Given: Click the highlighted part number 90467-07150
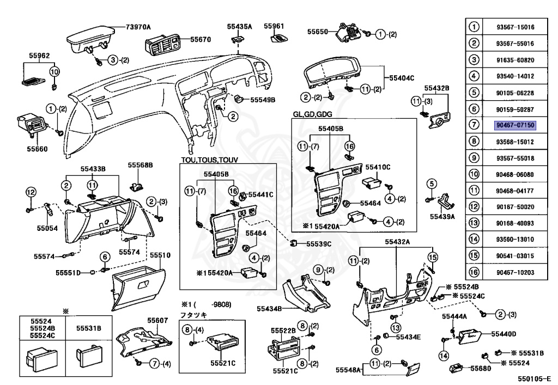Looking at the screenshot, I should point(515,125).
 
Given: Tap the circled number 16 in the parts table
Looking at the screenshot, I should point(474,272).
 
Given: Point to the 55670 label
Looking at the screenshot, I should point(200,39).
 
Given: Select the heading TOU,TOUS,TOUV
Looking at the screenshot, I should point(210,160).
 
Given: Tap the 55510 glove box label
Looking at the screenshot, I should point(160,255).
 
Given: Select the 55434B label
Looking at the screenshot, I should point(269,309).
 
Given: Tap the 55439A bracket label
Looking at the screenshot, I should point(442,216).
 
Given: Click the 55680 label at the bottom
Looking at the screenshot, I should point(481,369).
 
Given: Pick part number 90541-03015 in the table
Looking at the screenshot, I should point(515,255).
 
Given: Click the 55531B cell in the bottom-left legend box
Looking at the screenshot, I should point(88,328).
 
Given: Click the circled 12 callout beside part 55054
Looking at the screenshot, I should point(30,191).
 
